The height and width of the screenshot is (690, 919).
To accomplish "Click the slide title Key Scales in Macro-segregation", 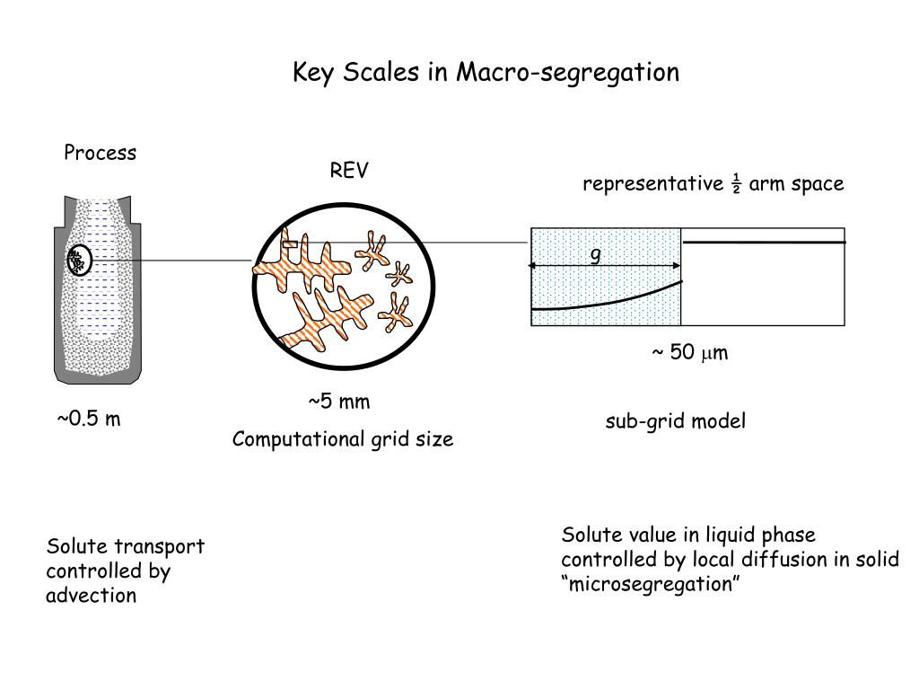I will click(486, 72).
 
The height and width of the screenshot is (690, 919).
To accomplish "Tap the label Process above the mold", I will click(100, 153).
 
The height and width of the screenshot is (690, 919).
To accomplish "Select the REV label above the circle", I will click(348, 171).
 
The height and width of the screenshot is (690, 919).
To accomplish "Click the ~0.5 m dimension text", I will click(89, 420).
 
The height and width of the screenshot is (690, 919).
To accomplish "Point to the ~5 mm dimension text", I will click(339, 401).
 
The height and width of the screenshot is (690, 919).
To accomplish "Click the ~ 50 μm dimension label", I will click(689, 352).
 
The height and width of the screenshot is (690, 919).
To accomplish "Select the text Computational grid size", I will click(343, 439).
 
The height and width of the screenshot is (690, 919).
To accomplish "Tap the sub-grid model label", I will click(675, 421).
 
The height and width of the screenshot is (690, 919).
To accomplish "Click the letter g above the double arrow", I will click(594, 255).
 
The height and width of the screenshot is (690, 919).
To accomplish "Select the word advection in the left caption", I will click(91, 596).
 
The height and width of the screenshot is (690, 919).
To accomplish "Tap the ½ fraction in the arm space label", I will click(735, 184).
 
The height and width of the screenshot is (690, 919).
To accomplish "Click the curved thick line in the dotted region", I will click(610, 300).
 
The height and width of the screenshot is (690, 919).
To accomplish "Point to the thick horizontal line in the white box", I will click(763, 243).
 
